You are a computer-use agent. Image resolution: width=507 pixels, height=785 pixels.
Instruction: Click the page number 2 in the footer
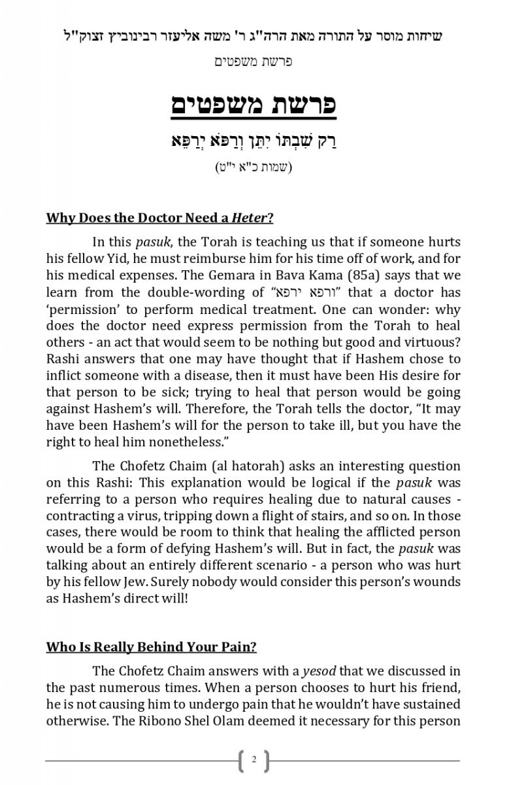click(x=253, y=759)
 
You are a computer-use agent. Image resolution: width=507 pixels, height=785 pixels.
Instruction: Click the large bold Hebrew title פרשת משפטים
click(x=253, y=105)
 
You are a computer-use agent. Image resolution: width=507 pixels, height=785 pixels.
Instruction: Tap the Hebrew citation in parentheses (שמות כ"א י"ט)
click(x=253, y=167)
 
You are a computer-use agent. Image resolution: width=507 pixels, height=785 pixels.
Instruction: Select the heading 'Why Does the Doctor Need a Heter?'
click(x=159, y=218)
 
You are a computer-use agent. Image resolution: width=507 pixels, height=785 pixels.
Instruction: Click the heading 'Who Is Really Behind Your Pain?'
click(x=151, y=648)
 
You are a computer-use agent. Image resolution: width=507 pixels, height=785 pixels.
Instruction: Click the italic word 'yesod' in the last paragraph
click(x=319, y=671)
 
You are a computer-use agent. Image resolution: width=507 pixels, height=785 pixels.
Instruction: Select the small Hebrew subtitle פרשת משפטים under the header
click(x=253, y=61)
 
